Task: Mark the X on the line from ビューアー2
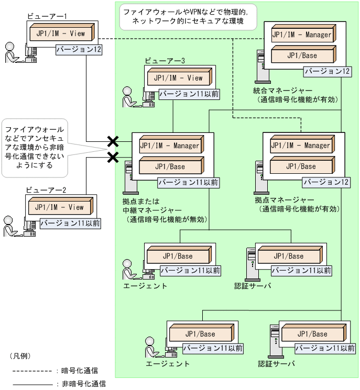pos(112,157)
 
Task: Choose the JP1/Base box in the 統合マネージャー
pos(301,55)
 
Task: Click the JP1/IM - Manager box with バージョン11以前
pos(169,146)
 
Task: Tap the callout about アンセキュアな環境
pos(34,147)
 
